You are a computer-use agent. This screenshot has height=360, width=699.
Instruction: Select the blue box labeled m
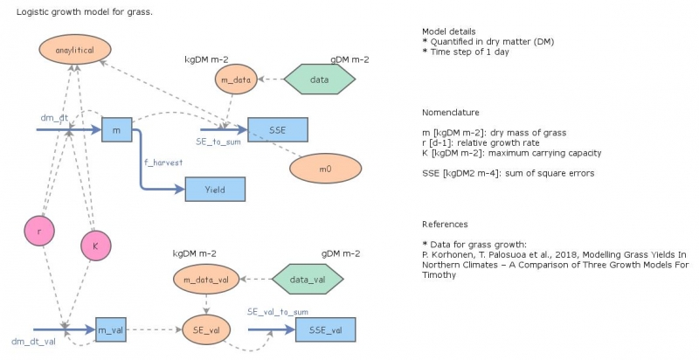[x=116, y=130]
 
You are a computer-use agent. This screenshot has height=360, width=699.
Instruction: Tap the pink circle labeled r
[x=40, y=231]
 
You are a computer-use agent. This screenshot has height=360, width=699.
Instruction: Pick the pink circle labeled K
[x=95, y=246]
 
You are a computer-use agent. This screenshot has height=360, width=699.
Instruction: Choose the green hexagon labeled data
[x=320, y=80]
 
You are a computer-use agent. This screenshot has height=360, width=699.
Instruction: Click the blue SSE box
[x=278, y=129]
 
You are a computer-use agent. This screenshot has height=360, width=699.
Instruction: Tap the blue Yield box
[x=214, y=189]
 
